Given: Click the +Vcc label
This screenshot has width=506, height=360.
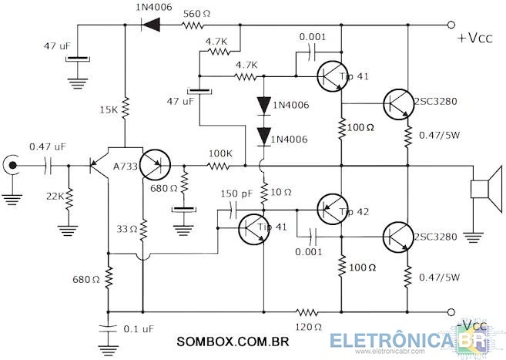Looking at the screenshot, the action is pos(475,38).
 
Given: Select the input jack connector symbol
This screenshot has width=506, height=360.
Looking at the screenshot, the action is pos(12,166).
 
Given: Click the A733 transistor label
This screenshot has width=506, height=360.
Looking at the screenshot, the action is pos(126,167).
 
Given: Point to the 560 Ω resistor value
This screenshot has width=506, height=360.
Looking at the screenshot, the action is pos(196,14).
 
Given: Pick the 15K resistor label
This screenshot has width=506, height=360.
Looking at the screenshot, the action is pos(109,109).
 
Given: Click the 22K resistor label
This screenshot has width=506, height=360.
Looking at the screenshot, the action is pos(55,196).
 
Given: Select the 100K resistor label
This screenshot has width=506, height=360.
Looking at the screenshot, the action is pos(220,153).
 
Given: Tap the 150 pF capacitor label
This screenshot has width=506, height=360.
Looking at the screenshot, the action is pos(236,193).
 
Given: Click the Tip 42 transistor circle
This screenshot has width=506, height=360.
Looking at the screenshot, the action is pos(333,209).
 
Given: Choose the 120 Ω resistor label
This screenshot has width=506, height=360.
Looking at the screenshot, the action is pos(309,327).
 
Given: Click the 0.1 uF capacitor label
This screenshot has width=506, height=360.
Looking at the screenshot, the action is pos(139,329).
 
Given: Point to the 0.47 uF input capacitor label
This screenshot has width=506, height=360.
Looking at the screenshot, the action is pos(48,146).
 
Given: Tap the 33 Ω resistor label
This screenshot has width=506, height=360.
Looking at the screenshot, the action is pos(127,229).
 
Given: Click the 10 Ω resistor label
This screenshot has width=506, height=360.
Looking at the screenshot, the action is pos(281,193).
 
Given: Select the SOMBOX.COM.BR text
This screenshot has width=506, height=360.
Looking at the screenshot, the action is pos(233,341).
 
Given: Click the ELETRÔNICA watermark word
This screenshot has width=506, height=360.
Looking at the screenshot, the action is pos(391,341).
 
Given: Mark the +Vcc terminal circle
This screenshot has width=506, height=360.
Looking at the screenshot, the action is pos(451,25).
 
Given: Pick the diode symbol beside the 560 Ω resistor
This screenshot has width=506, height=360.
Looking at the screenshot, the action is pos(151,25).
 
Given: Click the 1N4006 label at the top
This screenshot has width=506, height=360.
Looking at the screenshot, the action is pos(153,7).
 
